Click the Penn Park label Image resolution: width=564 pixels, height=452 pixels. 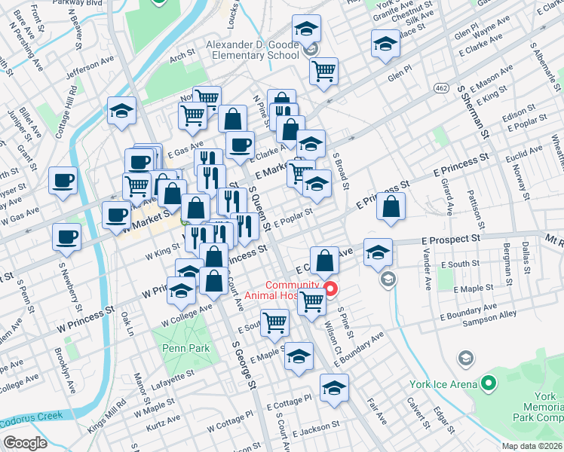(178, 349)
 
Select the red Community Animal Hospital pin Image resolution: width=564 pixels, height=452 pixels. (330, 289)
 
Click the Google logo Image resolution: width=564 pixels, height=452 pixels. (24, 443)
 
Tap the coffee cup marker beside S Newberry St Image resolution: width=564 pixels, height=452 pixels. (66, 237)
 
